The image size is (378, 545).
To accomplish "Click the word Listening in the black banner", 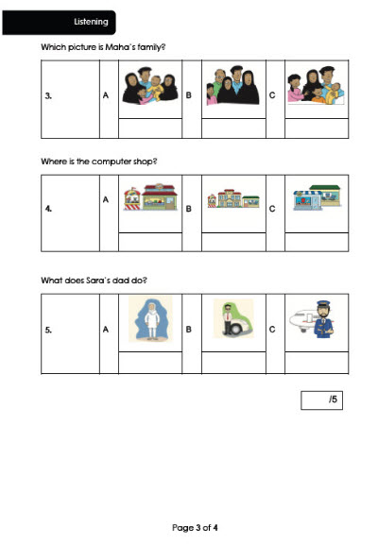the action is tap(91, 22).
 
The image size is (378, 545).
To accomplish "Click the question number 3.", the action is tap(48, 95).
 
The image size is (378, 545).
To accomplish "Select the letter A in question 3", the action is tap(106, 94).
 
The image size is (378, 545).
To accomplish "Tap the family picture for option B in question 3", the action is tap(232, 85).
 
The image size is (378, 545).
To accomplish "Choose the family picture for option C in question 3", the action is tap(316, 85).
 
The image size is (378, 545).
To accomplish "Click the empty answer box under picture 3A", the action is tap(150, 128).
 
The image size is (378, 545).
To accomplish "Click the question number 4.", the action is tap(48, 209).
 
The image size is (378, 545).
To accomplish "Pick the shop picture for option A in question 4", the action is tap(150, 197).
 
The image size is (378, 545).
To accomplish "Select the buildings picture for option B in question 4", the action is tap(233, 198).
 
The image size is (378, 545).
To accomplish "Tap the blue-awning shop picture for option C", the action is tap(317, 197).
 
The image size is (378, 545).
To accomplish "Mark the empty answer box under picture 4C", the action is tap(317, 242).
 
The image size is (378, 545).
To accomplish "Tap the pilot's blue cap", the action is tap(323, 303).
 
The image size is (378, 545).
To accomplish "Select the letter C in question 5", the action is tap(272, 329).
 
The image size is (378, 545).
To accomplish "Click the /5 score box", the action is tap(321, 400).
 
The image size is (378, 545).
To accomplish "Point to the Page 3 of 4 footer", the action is tap(195, 528).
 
